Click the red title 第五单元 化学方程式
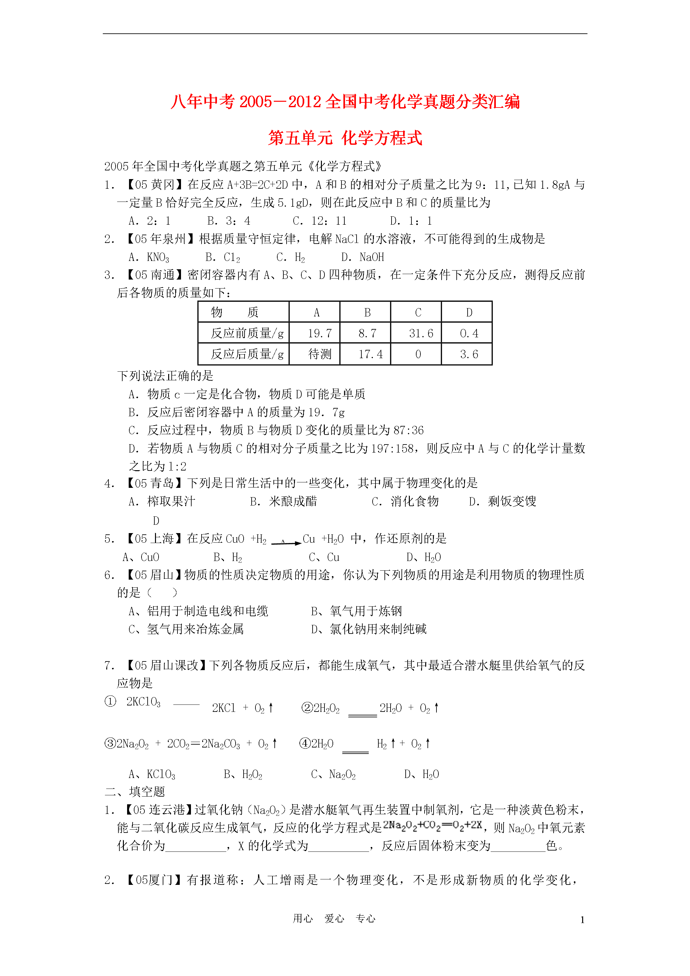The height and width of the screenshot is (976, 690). tap(345, 138)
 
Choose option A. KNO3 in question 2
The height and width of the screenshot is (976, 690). tap(149, 257)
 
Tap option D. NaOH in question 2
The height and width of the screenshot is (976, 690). tap(363, 257)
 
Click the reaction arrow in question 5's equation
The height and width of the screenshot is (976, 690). tap(286, 542)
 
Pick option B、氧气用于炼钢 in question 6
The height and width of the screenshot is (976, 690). tap(356, 611)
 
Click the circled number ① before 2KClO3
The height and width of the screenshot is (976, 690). tap(110, 701)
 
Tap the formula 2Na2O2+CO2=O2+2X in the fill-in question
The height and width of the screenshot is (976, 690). tap(432, 825)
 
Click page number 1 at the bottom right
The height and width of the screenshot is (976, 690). tap(582, 920)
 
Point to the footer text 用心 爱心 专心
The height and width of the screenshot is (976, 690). tap(334, 919)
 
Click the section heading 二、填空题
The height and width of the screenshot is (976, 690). tap(135, 791)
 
